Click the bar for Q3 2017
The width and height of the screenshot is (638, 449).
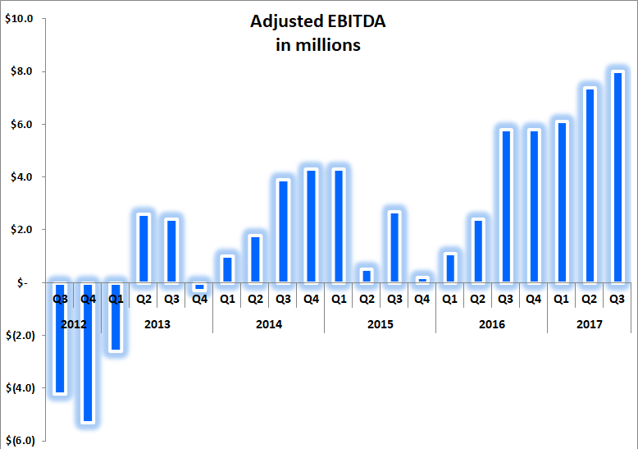coord(617,177)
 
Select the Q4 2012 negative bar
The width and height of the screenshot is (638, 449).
coord(88,353)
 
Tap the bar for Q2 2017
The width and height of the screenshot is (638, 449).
coord(590,186)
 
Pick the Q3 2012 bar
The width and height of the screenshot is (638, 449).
coord(60,338)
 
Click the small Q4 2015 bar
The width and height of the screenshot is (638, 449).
coord(422,280)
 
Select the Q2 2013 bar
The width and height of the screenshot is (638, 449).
coord(144,249)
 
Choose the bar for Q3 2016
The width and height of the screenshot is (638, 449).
coord(506,206)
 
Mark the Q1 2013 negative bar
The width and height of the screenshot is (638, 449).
coord(116,317)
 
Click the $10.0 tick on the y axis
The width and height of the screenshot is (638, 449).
coord(19,19)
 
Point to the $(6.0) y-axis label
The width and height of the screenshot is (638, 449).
coord(19,441)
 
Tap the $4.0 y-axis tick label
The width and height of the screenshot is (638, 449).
coord(19,177)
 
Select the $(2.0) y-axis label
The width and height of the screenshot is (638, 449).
coord(19,335)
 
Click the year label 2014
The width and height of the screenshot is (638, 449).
coord(268,324)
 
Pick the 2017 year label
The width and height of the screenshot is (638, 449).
coord(589,324)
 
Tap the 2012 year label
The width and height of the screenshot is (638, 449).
coord(74,324)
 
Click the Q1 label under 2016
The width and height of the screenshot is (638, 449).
coord(449,300)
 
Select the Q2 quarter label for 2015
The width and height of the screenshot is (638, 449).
coord(366,300)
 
